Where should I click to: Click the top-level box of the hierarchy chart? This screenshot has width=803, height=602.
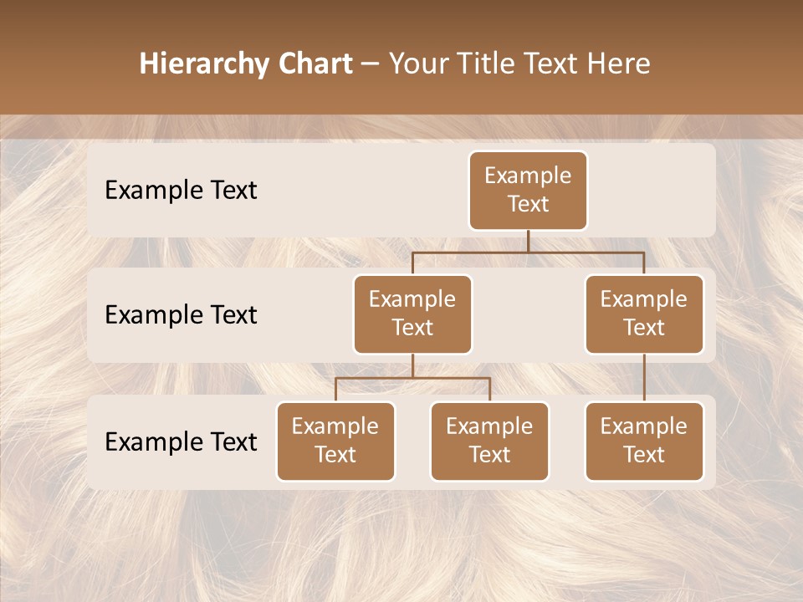528,190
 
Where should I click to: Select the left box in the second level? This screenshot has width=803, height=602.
412,314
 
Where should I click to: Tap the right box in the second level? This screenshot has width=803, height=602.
644,314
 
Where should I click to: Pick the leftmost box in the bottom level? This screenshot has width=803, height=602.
335,441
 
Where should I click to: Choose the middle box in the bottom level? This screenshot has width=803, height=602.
489,441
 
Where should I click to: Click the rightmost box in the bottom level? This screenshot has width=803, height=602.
644,441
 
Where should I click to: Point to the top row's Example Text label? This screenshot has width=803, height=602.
181,190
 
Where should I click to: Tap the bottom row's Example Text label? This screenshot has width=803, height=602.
181,441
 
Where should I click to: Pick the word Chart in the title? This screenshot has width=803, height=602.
311,64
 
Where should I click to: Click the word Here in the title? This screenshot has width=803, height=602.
616,64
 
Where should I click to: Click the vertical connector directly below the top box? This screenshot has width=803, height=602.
528,241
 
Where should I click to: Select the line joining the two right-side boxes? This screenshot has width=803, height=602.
644,378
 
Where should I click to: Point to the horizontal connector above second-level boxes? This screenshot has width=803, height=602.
528,252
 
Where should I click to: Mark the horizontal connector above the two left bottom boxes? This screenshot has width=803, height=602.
412,378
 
